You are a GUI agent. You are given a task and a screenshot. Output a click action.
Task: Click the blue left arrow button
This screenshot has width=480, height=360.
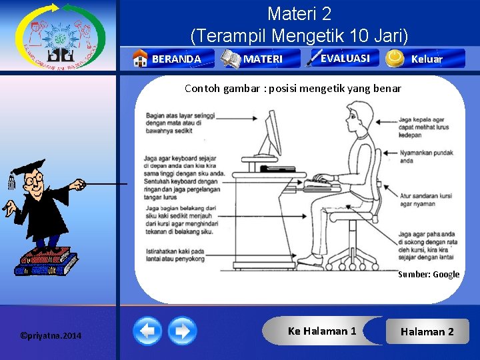147,331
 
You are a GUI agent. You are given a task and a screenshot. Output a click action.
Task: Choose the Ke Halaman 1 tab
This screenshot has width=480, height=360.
322,331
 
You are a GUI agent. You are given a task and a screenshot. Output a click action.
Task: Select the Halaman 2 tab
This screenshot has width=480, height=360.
427,331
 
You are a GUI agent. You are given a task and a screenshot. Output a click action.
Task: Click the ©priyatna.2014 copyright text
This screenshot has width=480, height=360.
51,335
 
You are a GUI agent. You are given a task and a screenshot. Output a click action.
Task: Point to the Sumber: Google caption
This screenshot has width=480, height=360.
429,274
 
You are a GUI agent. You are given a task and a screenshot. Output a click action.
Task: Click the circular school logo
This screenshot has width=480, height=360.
60,36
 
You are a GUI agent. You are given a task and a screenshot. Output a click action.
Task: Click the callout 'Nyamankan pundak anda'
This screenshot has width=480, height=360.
425,157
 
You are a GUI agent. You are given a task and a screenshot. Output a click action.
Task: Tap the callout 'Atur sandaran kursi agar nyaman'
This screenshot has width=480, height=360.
426,199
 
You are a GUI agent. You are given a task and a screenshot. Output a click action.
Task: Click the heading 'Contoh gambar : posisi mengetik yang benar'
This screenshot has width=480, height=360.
293,88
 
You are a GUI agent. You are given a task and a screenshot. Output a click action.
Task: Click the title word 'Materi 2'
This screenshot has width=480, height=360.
299,13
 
